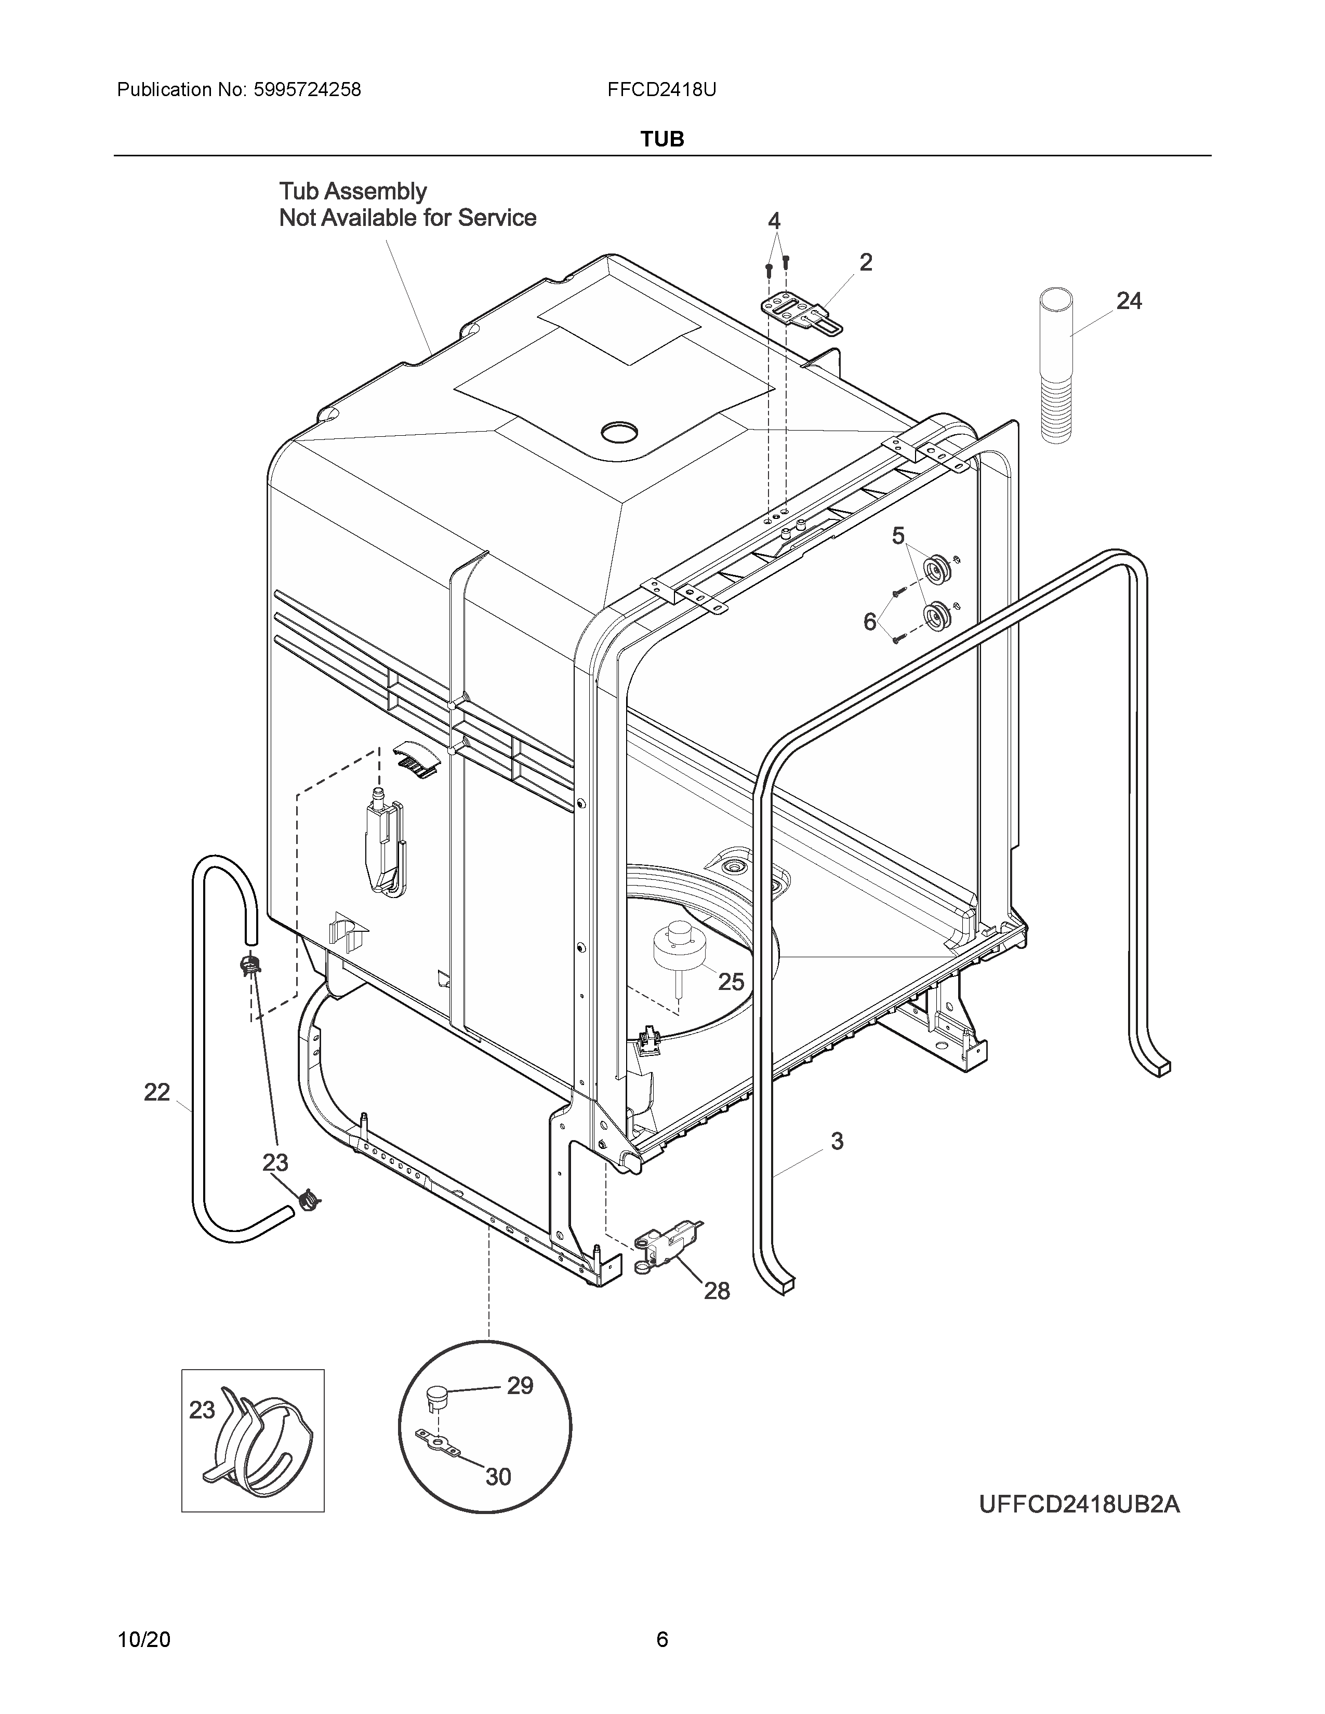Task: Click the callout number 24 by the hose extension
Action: (x=1129, y=301)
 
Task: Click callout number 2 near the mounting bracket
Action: (x=866, y=262)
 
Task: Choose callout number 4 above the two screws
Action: (x=774, y=221)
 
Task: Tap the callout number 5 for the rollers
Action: (x=898, y=536)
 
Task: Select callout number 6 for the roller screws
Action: (x=870, y=622)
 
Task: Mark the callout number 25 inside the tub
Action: (x=731, y=982)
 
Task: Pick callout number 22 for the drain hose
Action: (x=157, y=1092)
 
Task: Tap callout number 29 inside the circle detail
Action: (x=520, y=1386)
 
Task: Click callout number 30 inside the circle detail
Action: (x=498, y=1477)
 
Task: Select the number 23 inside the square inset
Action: (x=202, y=1410)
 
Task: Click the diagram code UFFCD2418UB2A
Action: (x=1079, y=1505)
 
